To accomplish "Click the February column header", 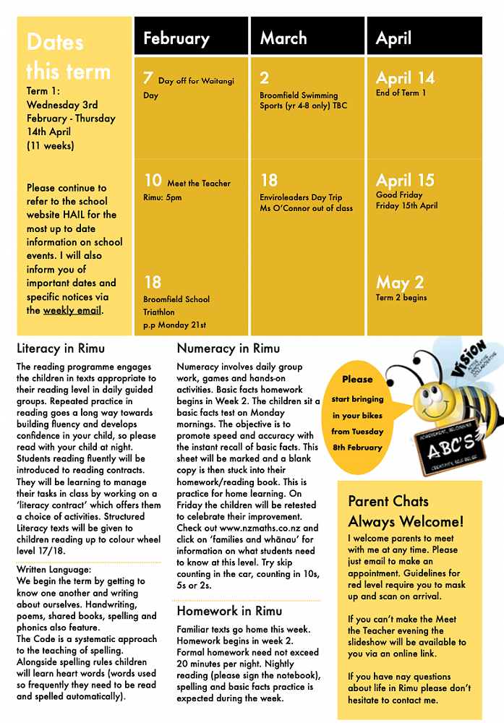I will click(x=176, y=38).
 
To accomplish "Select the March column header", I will click(x=283, y=38).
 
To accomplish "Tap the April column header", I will click(x=393, y=38).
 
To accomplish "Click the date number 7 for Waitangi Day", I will click(x=148, y=78).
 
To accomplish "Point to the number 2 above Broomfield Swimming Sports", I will click(x=265, y=78).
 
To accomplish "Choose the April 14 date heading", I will click(x=406, y=78).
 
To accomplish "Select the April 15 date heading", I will click(x=406, y=180).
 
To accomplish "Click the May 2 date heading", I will click(x=400, y=282).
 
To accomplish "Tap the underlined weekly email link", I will click(x=72, y=310).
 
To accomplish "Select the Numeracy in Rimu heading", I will click(x=228, y=348).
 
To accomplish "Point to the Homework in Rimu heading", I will click(x=229, y=611).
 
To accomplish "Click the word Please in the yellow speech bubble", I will click(x=357, y=379).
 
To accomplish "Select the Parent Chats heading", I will click(x=388, y=501).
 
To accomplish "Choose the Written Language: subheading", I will click(x=54, y=570).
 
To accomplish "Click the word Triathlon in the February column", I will click(x=159, y=312).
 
